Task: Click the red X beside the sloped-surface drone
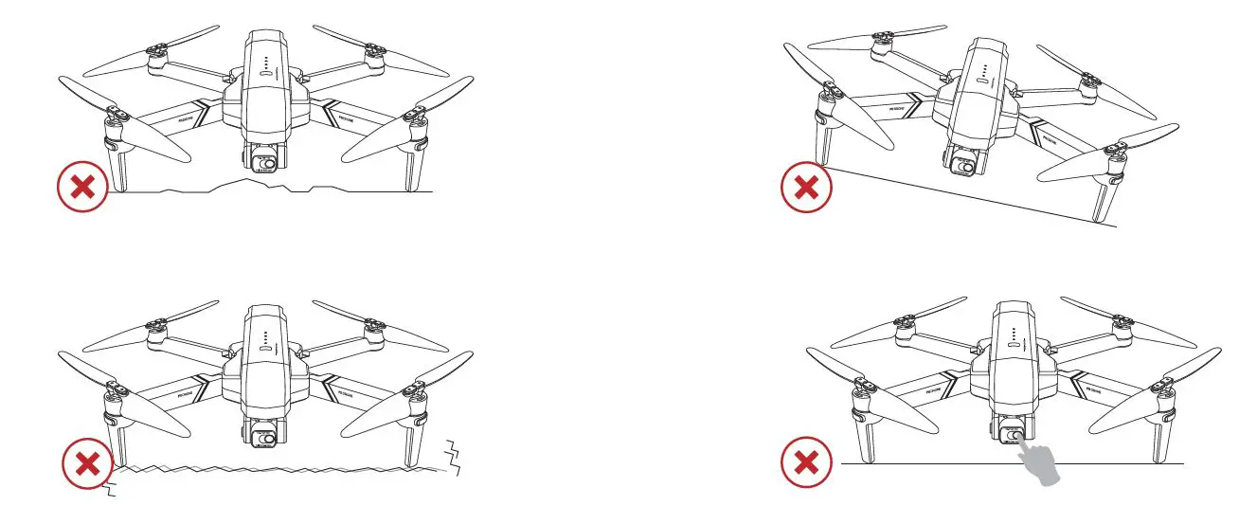(x=806, y=188)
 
